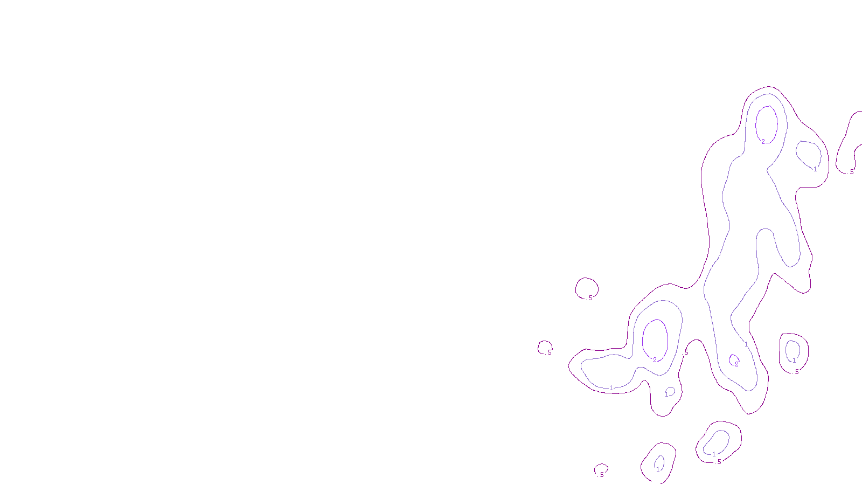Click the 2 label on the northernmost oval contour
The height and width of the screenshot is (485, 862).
click(763, 142)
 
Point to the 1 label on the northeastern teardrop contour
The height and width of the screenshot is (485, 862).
click(815, 169)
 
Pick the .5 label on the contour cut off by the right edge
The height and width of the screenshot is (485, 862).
click(851, 172)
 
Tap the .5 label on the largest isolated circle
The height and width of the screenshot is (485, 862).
click(590, 298)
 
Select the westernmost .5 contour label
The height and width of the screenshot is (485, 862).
click(549, 353)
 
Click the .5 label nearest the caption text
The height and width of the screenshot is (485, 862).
click(601, 475)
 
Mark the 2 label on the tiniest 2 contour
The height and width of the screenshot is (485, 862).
click(736, 364)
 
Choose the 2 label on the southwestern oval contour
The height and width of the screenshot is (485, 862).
click(655, 359)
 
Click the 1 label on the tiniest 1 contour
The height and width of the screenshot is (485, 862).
click(666, 394)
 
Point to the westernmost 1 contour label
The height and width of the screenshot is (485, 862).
click(611, 388)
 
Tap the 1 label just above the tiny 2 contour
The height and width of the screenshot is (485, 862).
click(746, 344)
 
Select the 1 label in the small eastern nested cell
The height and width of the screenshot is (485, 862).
click(794, 361)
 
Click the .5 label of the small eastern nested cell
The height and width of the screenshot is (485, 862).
click(796, 371)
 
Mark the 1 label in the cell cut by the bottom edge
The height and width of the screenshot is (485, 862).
click(658, 469)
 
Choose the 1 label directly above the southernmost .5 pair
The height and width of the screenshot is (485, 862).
click(714, 454)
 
